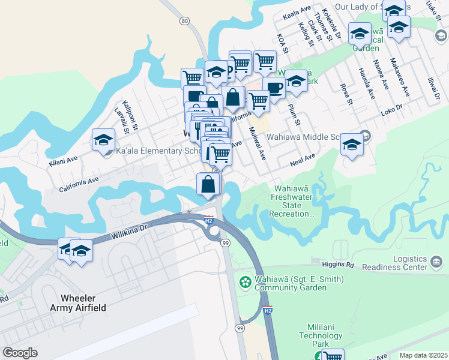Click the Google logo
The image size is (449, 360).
[x=20, y=353]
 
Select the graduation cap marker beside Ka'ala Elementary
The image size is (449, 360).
[x=103, y=141]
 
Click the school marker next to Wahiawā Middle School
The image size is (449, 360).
[x=352, y=145]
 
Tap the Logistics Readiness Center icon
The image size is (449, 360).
[x=436, y=262]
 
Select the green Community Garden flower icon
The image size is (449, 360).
[x=245, y=281]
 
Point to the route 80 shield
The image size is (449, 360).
[x=185, y=21]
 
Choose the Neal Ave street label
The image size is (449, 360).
[x=303, y=159]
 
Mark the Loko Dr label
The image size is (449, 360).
[x=391, y=112]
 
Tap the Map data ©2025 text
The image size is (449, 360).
[x=423, y=355]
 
